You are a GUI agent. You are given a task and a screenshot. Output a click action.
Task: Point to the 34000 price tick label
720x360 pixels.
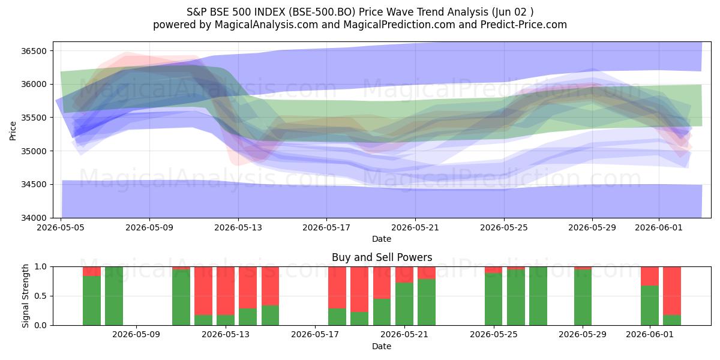34,218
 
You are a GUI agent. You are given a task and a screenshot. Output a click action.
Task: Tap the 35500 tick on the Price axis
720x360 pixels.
34,118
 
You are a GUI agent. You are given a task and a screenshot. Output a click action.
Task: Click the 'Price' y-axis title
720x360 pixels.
13,131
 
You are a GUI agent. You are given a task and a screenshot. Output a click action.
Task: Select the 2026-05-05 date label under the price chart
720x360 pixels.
61,227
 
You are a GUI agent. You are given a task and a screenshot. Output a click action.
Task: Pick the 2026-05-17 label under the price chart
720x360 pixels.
326,227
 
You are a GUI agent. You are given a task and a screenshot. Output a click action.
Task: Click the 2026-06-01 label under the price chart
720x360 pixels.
659,227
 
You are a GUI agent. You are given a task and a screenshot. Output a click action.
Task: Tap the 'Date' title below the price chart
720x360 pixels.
382,239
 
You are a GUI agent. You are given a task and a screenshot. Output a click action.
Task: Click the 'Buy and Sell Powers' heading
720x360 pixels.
382,257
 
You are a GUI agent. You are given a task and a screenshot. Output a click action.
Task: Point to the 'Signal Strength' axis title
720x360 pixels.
25,296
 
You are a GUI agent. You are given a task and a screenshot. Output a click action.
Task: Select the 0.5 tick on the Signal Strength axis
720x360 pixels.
40,296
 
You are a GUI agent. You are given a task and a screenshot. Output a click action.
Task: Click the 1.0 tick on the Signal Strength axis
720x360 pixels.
40,266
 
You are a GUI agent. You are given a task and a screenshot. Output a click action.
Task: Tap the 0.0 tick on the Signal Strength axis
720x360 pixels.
40,325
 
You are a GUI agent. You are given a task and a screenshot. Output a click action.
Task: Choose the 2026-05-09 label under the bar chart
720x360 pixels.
136,335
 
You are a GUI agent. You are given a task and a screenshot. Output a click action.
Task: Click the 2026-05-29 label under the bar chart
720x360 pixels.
583,335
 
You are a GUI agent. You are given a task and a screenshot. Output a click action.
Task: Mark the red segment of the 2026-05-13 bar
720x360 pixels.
226,290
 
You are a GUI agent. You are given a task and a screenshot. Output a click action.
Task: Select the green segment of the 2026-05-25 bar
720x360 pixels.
493,299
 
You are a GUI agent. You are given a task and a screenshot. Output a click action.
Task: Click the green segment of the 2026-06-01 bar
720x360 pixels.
650,305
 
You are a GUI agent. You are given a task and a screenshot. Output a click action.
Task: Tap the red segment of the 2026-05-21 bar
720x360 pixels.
404,275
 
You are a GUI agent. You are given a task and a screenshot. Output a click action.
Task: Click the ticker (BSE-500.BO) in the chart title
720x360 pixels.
322,12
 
